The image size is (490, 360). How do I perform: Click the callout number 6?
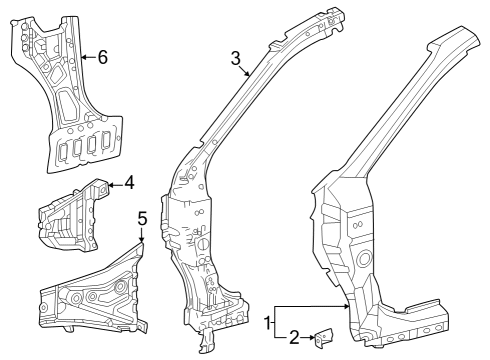coord(102,57)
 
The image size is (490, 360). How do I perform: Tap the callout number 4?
coord(128,183)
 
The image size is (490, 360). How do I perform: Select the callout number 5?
coord(142,217)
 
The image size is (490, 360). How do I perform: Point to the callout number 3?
coord(236,58)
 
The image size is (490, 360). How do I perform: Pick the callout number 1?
coord(267,322)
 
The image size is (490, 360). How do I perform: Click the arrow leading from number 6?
coord(87,57)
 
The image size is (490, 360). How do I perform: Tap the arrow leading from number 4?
coord(113,183)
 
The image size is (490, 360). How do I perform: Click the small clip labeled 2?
coord(321,340)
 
